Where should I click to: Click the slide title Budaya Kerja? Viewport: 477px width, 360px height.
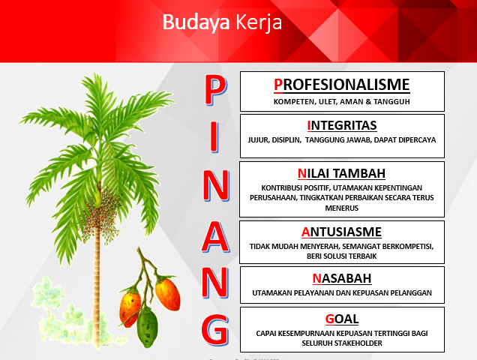click(223, 22)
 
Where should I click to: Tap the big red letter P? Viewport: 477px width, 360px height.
click(216, 91)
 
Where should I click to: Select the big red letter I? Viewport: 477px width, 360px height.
click(214, 137)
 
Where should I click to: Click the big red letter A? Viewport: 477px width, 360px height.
click(215, 237)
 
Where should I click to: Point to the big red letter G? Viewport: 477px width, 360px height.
click(215, 330)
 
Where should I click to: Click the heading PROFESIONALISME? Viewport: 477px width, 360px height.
click(342, 85)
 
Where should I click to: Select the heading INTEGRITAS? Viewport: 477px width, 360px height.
click(342, 125)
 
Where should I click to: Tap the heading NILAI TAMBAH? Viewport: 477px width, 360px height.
click(341, 173)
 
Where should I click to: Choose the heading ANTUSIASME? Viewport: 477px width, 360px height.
click(341, 232)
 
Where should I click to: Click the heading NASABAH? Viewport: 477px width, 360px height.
click(342, 278)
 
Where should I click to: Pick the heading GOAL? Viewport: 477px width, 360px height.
click(342, 319)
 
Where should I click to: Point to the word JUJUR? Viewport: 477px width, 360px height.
click(258, 140)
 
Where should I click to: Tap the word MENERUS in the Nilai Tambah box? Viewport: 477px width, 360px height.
click(342, 208)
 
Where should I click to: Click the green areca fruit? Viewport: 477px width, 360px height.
click(147, 327)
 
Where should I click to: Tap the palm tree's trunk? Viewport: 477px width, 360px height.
click(97, 286)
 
